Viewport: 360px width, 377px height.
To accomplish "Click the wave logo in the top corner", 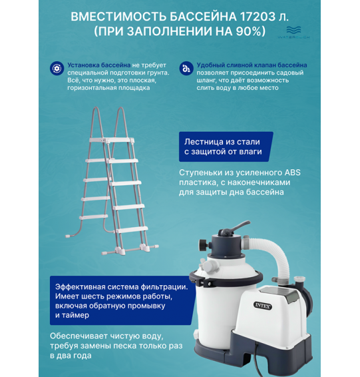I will click(293, 31).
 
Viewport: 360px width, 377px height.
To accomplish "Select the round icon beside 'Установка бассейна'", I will click(56, 67).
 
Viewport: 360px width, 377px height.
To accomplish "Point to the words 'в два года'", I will click(74, 356).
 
